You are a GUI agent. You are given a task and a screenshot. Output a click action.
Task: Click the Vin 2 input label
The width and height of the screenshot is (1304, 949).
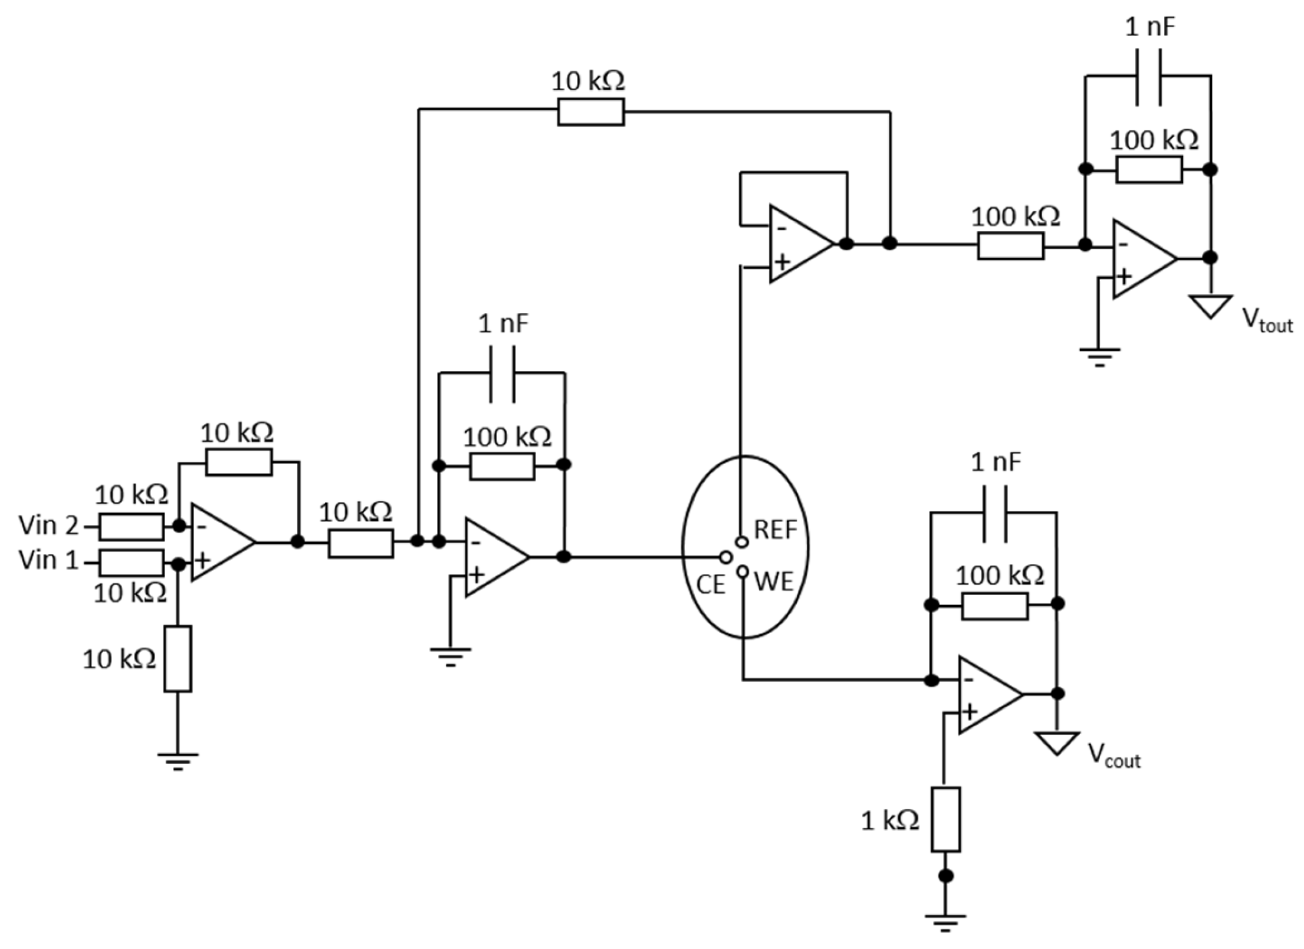[x=48, y=526]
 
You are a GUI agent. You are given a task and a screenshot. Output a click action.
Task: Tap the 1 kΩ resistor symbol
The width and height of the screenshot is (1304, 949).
[x=945, y=819]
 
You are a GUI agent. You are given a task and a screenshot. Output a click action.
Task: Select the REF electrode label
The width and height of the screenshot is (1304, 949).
[x=776, y=530]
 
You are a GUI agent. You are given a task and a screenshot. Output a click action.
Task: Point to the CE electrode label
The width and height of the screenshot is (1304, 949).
[x=710, y=585]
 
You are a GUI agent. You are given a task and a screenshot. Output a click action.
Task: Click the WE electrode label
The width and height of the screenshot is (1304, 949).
[x=774, y=582]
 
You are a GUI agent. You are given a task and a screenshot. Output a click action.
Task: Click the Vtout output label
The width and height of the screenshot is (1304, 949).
[x=1267, y=321]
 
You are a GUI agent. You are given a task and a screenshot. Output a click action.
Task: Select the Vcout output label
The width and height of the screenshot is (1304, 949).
[x=1114, y=756]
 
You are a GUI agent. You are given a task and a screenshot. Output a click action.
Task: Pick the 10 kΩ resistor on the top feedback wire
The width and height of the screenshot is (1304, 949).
[x=590, y=112]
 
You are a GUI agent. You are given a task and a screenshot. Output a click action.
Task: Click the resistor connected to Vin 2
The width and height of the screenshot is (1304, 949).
[x=131, y=527]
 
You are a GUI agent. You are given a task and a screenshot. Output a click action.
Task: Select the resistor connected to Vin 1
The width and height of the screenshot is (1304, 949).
[x=131, y=563]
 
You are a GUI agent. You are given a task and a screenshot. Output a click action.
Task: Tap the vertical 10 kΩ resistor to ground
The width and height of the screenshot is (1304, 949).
[x=178, y=659]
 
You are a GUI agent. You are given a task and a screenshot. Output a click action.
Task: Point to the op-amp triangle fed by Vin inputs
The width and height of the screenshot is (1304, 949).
[x=219, y=542]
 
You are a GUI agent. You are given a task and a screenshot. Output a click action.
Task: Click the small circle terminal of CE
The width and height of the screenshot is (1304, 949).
[x=726, y=557]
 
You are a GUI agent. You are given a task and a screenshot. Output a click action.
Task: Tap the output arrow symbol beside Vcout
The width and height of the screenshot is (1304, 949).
[x=1057, y=743]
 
